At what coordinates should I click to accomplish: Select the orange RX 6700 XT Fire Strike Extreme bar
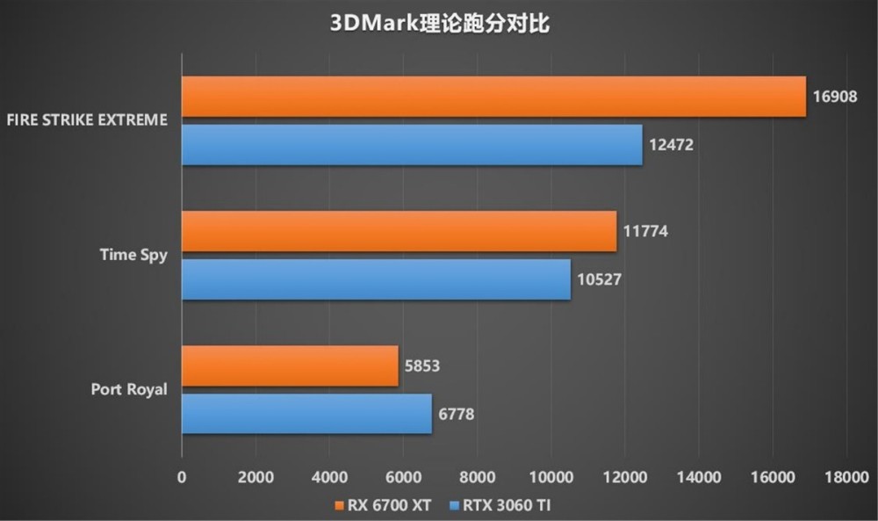493,97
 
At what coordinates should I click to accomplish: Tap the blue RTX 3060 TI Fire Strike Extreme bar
412,144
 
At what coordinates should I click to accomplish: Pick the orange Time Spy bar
399,232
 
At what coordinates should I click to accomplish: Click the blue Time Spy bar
376,279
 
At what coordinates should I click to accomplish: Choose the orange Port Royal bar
290,366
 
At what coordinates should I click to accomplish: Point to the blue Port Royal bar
306,413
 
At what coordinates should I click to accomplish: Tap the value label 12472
672,144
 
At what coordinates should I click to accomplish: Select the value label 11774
645,233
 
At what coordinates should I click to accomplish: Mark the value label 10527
601,279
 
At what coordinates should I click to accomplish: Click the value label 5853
423,367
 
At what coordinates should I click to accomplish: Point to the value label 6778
457,414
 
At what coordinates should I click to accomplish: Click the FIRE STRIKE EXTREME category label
86,120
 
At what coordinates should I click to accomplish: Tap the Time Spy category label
132,256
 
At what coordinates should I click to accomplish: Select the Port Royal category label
128,389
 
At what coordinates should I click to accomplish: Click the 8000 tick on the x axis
477,477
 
